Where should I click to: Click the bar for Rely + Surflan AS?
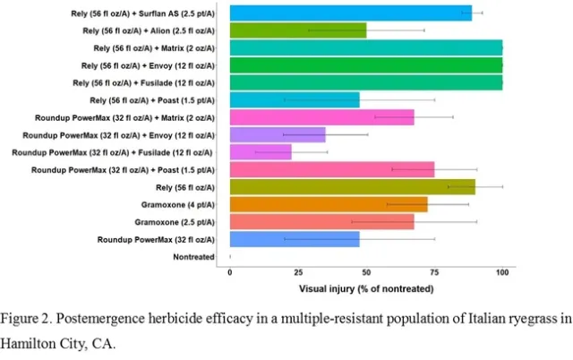tap(350, 13)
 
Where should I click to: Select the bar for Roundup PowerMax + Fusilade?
tap(261, 152)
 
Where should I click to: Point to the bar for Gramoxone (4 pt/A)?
tap(328, 204)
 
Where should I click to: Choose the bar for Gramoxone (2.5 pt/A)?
tap(321, 221)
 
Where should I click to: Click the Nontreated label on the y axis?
tap(194, 257)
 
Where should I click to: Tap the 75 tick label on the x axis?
tap(434, 272)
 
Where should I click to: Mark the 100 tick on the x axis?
tap(502, 272)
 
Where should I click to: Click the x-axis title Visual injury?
tap(366, 288)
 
